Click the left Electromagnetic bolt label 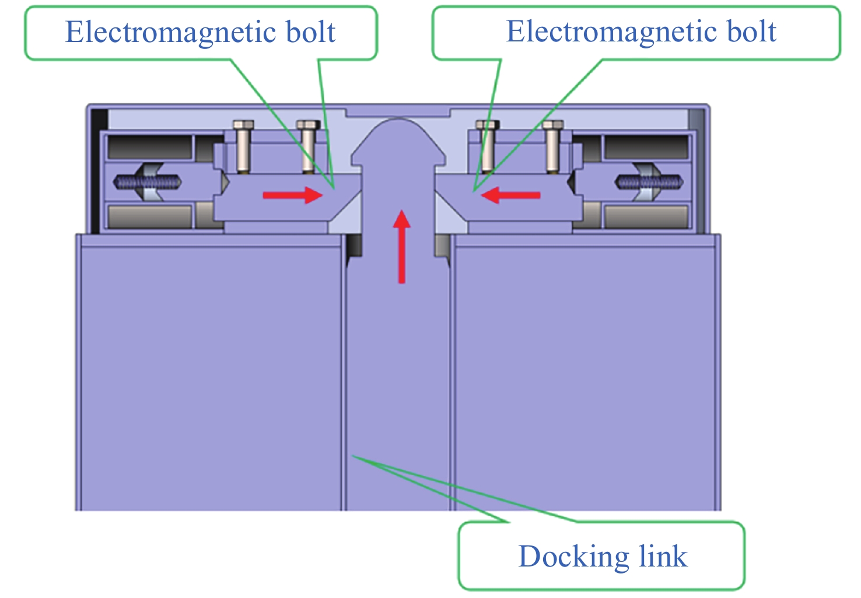click(200, 32)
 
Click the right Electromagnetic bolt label click(640, 32)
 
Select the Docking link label click(603, 556)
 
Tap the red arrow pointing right click(292, 195)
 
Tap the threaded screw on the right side click(650, 183)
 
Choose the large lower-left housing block click(210, 373)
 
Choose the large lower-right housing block click(585, 373)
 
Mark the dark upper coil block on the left click(150, 148)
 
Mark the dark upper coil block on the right click(646, 148)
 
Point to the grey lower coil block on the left click(150, 216)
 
